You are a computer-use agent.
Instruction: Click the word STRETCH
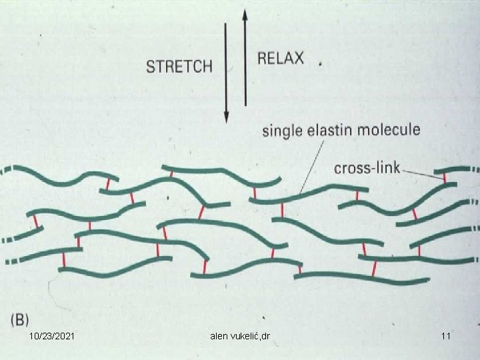pyautogui.click(x=179, y=66)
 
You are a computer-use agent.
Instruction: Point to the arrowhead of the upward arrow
pyautogui.click(x=245, y=13)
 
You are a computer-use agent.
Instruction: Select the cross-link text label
pyautogui.click(x=367, y=167)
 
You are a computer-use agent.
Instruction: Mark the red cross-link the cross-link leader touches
pyautogui.click(x=445, y=178)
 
